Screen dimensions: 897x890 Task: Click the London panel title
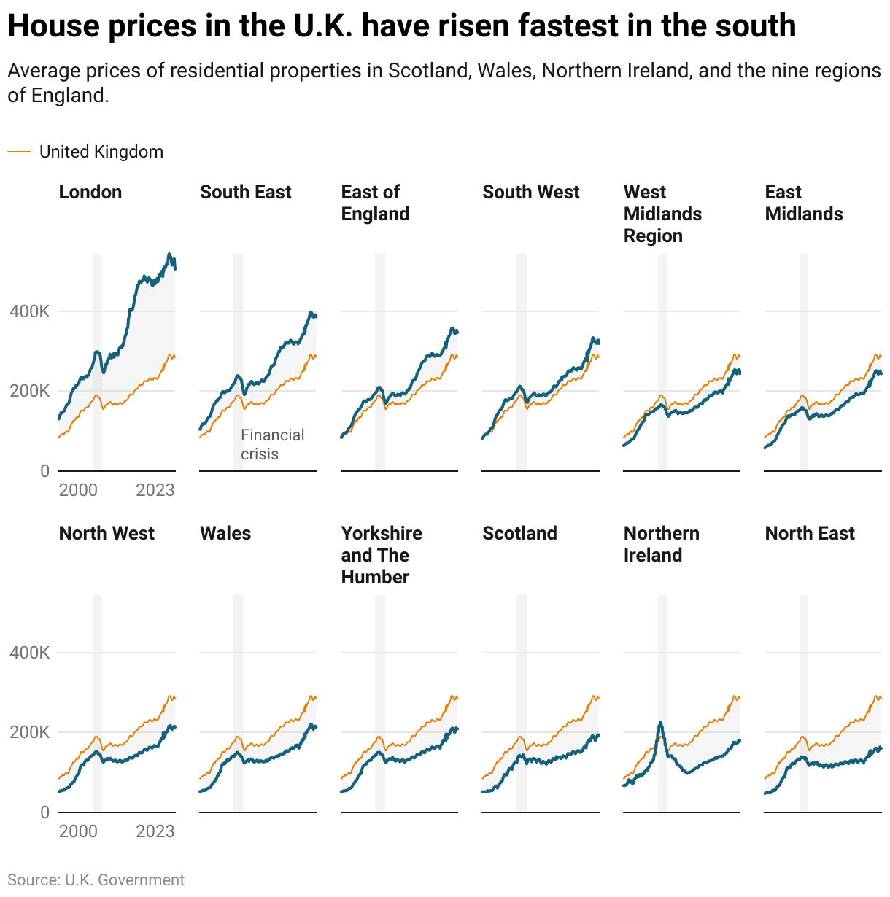tap(90, 192)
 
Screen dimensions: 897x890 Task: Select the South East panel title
tap(245, 192)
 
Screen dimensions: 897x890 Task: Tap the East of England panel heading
tap(375, 203)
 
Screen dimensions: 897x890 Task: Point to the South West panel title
tap(530, 192)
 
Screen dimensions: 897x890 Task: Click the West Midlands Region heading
tap(662, 214)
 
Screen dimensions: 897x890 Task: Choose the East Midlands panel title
tap(803, 203)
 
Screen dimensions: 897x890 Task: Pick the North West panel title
tap(107, 533)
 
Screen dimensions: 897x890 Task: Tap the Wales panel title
tap(225, 533)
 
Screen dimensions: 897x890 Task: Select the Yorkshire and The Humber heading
tap(382, 555)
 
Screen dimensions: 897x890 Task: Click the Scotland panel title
tap(519, 533)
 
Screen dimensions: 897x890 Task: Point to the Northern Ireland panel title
tap(661, 544)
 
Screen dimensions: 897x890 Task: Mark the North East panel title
tap(810, 533)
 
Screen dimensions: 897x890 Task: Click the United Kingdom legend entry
tap(101, 152)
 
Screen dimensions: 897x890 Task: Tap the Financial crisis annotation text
tap(272, 444)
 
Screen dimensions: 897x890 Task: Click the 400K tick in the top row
tap(29, 311)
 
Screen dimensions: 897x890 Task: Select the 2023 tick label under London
tap(155, 490)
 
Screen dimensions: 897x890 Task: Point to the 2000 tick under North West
tap(78, 831)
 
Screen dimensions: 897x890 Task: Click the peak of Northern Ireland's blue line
tap(660, 723)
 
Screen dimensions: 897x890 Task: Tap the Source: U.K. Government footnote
tap(96, 880)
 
